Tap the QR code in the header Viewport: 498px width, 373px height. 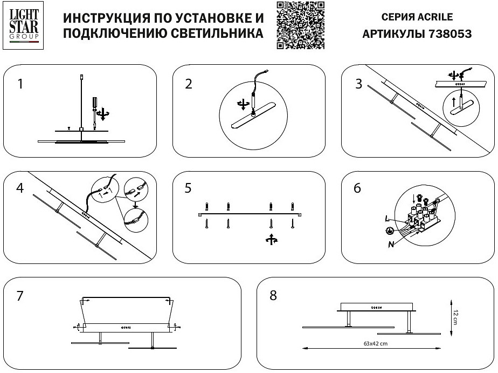point(301,25)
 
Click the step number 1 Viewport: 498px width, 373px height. point(20,84)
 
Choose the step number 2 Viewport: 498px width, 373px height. point(188,84)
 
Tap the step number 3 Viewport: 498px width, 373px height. point(358,84)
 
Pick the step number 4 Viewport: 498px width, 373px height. point(20,189)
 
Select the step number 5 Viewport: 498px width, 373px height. point(188,189)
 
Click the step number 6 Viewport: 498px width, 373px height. point(358,189)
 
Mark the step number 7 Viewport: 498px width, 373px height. point(20,296)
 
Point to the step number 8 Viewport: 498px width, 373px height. point(273,296)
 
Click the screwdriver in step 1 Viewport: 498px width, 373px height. point(95,106)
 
